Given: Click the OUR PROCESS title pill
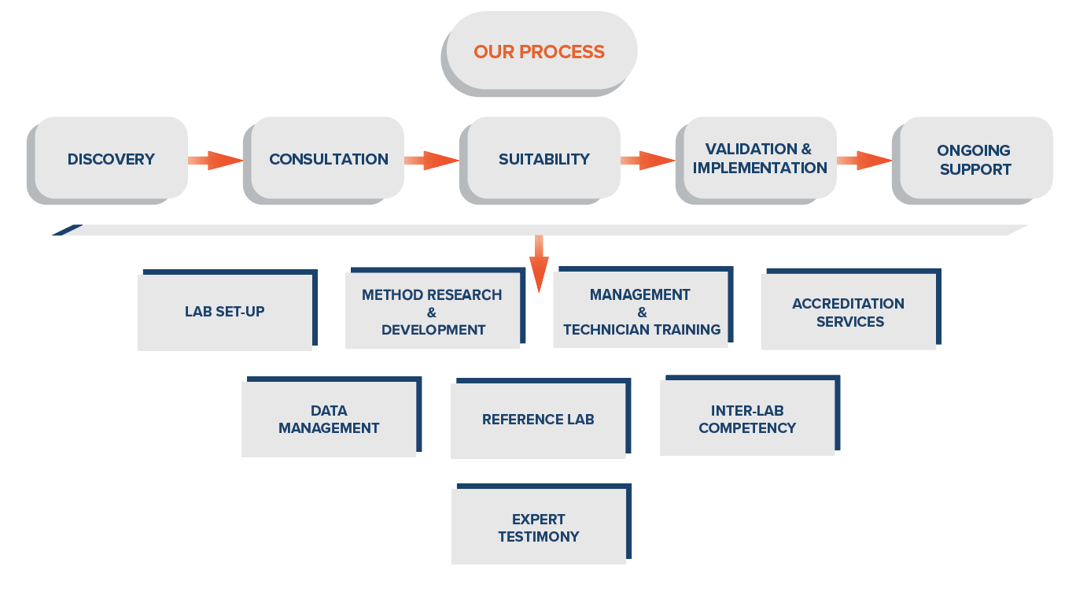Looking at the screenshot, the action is click(539, 53).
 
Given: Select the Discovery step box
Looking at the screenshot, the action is click(108, 160).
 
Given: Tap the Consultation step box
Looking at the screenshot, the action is click(324, 160).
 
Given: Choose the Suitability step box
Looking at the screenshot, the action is click(540, 160).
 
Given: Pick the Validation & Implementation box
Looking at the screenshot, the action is click(756, 160).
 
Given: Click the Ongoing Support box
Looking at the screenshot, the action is click(972, 160).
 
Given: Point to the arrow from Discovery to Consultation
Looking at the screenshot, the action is click(216, 160).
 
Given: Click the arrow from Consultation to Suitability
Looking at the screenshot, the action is click(432, 160).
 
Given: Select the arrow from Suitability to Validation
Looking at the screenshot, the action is click(648, 160).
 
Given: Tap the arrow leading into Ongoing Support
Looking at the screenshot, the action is click(864, 160).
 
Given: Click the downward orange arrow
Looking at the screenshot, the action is click(539, 264).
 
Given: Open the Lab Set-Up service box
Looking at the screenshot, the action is click(227, 310).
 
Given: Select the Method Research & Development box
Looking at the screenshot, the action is click(435, 308).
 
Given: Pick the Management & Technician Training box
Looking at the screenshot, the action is click(643, 307).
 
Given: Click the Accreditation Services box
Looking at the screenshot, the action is click(851, 309).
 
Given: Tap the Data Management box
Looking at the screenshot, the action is click(331, 416).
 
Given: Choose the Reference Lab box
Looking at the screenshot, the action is click(541, 418).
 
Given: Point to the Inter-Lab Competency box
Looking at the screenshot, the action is click(750, 415).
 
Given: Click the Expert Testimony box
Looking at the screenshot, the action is click(541, 524).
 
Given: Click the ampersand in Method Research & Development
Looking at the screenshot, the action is click(432, 313).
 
